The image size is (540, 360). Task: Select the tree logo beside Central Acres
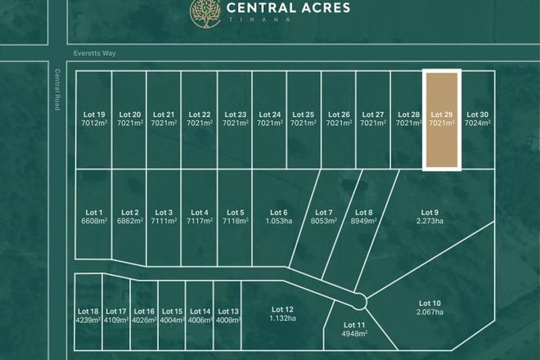(x=205, y=11)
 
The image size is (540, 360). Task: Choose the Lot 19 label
(x=94, y=115)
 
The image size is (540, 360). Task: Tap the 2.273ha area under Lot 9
(x=430, y=220)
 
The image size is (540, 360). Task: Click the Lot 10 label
(x=430, y=303)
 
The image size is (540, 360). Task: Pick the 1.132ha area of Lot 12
(x=281, y=319)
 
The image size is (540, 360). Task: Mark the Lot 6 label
(x=278, y=212)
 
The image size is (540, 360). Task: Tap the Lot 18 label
(x=88, y=311)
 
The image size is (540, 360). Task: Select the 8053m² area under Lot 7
(x=324, y=221)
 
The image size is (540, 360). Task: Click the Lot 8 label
(x=364, y=212)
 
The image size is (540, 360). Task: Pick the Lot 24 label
(x=269, y=115)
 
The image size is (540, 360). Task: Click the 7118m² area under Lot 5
(x=235, y=221)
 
